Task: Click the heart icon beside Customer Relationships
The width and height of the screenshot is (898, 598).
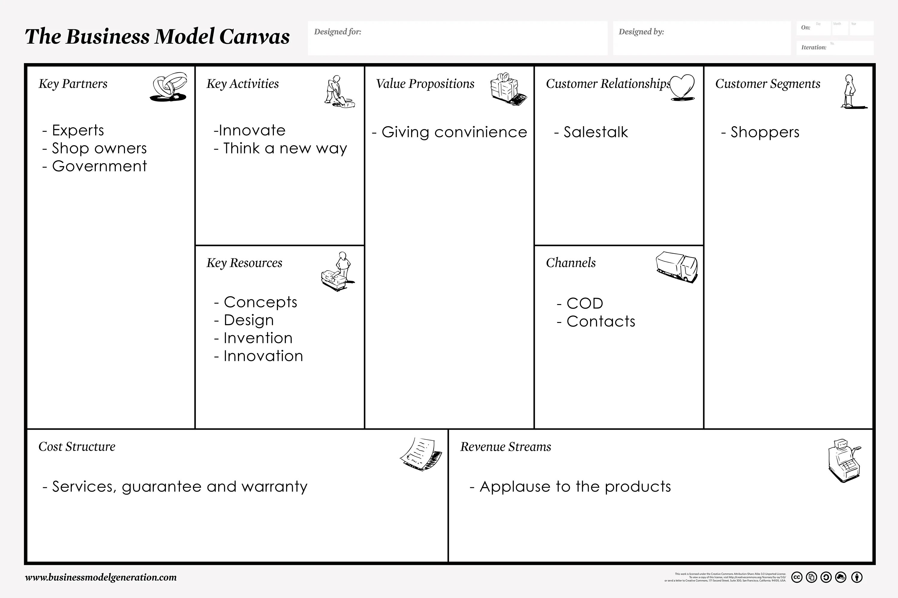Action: pyautogui.click(x=682, y=87)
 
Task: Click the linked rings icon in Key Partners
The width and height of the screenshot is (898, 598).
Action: pyautogui.click(x=169, y=87)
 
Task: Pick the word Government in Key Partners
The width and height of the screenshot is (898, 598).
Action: pyautogui.click(x=99, y=166)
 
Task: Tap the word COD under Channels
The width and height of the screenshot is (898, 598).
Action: pyautogui.click(x=585, y=303)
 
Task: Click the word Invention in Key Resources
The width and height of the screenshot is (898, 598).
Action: pyautogui.click(x=258, y=338)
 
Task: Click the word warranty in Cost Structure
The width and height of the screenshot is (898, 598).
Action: pyautogui.click(x=274, y=487)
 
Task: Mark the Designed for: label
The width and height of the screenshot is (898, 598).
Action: pyautogui.click(x=338, y=32)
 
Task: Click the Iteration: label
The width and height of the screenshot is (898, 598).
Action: pyautogui.click(x=814, y=47)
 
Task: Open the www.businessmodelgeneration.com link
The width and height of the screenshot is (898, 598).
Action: pyautogui.click(x=101, y=577)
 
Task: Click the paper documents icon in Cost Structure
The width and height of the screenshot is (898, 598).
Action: pyautogui.click(x=421, y=454)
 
